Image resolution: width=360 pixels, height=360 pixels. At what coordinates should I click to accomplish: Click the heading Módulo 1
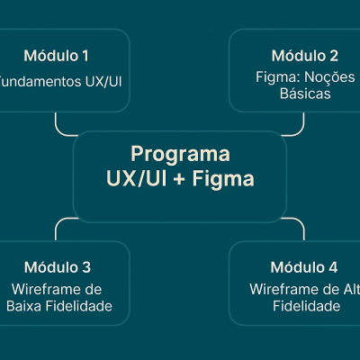[x=56, y=56]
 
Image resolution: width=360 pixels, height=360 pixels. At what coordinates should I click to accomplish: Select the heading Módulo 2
[x=304, y=56]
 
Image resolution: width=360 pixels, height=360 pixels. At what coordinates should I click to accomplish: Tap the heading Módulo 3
[x=57, y=267]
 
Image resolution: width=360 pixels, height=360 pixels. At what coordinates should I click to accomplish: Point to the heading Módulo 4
[x=304, y=267]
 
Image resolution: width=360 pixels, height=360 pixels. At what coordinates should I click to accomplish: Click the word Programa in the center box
[x=180, y=154]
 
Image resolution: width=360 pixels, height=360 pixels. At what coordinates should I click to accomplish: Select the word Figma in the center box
[x=224, y=179]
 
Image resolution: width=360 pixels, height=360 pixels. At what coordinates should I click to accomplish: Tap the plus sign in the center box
[x=180, y=180]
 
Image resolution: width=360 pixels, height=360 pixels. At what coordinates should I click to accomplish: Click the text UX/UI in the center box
[x=136, y=179]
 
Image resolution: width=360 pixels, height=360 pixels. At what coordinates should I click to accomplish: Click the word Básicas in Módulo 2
[x=304, y=93]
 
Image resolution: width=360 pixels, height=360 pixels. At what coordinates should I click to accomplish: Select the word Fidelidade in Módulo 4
[x=306, y=306]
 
